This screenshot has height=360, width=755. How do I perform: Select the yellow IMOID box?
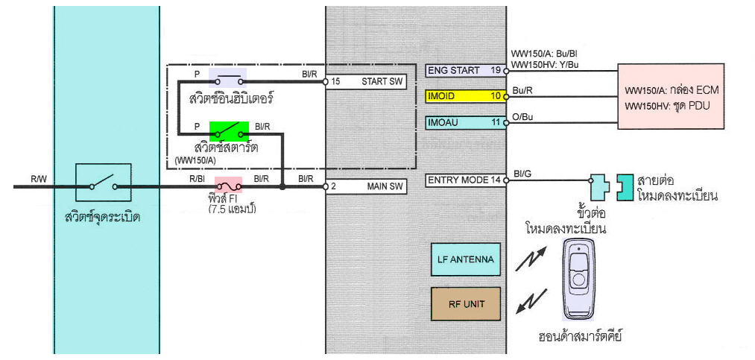tap(465, 96)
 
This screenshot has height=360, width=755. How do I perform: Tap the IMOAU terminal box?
tap(465, 121)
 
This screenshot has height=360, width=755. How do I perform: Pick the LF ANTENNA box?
tap(466, 260)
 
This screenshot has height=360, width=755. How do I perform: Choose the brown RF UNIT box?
tap(466, 304)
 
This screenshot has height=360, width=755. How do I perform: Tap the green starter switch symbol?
tap(229, 131)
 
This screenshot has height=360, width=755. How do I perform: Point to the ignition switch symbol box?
tap(104, 183)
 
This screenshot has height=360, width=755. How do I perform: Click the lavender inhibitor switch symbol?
tap(227, 78)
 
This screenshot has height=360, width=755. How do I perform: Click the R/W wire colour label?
tap(38, 178)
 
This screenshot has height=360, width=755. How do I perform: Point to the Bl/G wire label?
tap(522, 173)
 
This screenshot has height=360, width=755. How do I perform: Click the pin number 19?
tap(495, 71)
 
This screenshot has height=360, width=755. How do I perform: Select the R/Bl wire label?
tap(197, 179)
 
